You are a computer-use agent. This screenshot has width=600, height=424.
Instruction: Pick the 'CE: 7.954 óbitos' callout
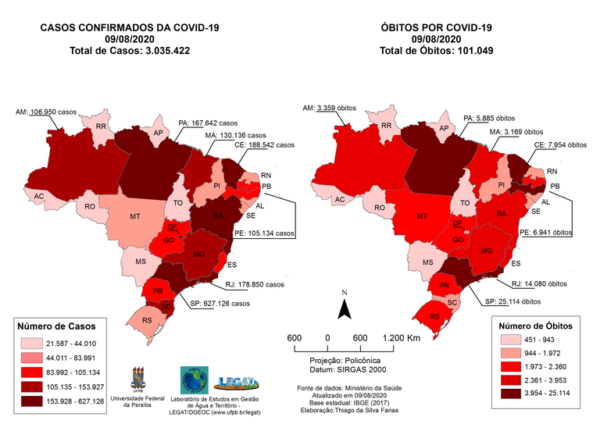point(559,144)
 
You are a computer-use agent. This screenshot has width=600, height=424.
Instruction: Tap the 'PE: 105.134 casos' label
point(265,233)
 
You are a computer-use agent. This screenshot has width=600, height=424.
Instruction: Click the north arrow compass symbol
point(342,307)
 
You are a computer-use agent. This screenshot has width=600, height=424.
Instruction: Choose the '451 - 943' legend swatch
point(509,340)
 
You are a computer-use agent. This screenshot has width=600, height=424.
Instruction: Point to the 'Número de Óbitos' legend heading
point(536,323)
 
